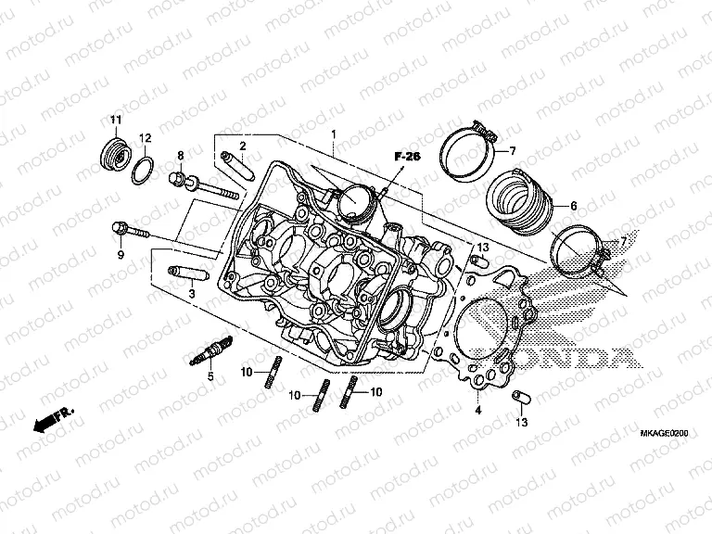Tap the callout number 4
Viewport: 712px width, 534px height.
pyautogui.click(x=478, y=409)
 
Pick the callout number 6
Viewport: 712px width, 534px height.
pyautogui.click(x=573, y=207)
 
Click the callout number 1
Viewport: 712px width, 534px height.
pyautogui.click(x=334, y=136)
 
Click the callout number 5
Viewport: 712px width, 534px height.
pyautogui.click(x=210, y=377)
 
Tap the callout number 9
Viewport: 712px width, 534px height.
pyautogui.click(x=120, y=255)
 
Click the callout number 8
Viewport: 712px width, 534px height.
pyautogui.click(x=181, y=155)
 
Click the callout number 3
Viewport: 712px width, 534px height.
pyautogui.click(x=191, y=294)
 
